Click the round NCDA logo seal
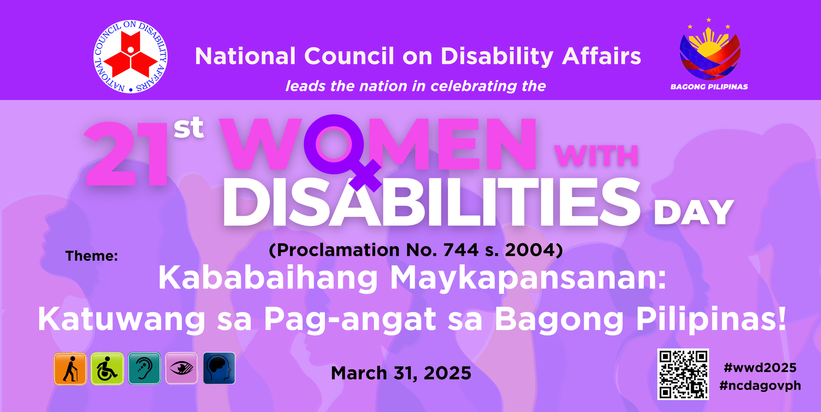(130, 57)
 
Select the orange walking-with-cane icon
(70, 368)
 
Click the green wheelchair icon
(107, 368)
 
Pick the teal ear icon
(144, 368)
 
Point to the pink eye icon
(182, 368)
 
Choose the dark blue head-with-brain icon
(219, 368)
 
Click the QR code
(683, 374)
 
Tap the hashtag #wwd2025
(760, 367)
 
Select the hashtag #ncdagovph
(760, 386)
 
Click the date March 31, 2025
(401, 374)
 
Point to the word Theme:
(92, 256)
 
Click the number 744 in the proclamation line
(461, 250)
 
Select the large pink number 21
(126, 154)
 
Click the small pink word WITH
(596, 156)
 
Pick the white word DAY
(694, 212)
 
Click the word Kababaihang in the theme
(268, 279)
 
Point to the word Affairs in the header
(602, 56)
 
